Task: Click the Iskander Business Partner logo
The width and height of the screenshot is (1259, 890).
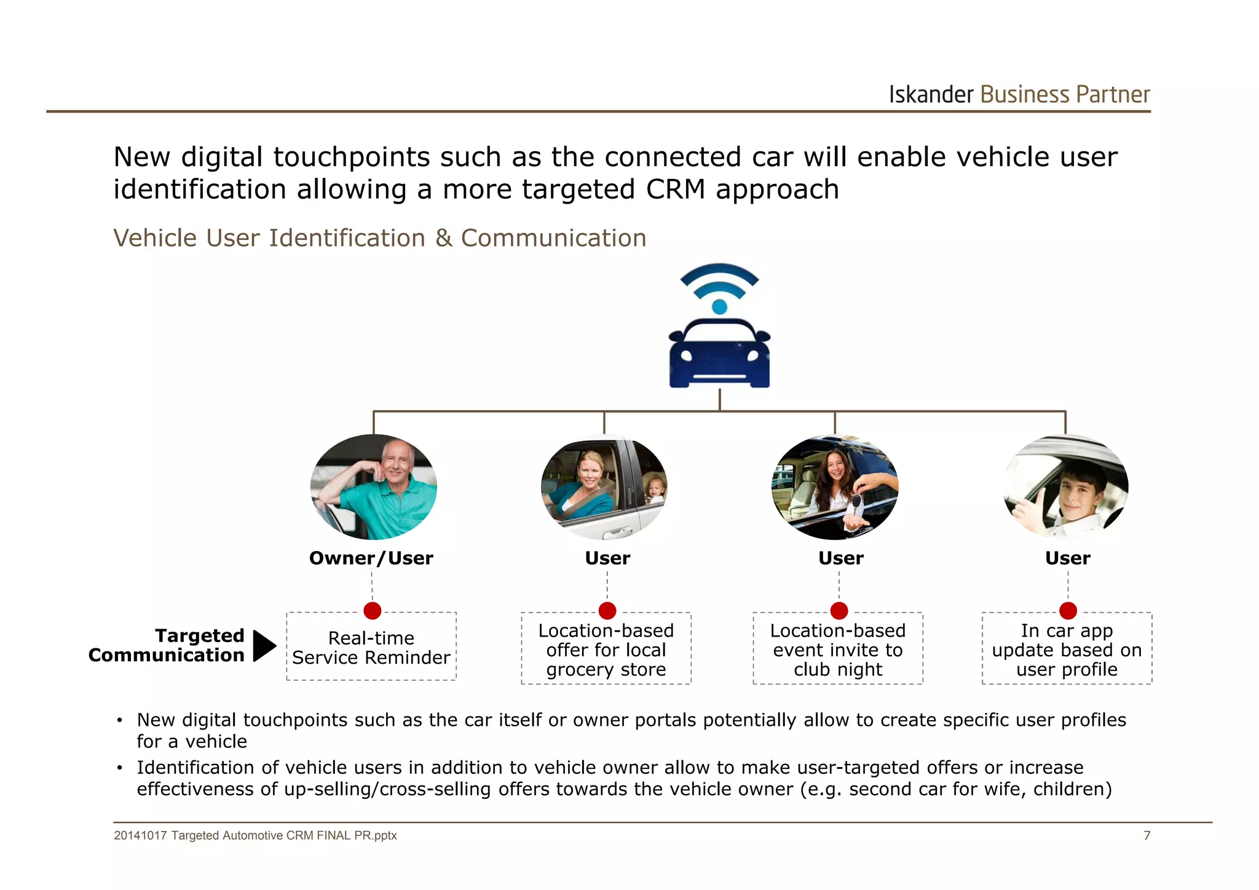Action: [1019, 95]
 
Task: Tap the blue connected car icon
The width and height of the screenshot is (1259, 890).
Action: [719, 354]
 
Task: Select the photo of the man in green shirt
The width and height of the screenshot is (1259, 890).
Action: [374, 487]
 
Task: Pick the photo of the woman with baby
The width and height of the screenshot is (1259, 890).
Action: [604, 487]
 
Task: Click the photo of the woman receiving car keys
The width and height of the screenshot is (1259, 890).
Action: [835, 487]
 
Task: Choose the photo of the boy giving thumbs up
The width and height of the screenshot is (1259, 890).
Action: [1066, 487]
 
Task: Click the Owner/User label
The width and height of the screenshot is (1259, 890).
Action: [371, 558]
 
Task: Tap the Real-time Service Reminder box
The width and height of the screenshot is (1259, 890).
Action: [371, 648]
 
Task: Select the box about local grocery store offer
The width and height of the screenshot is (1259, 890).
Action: [606, 650]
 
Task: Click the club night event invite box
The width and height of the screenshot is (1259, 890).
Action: [838, 650]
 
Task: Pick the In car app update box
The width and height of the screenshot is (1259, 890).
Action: [1067, 650]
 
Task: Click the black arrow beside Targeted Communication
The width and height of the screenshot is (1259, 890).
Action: [264, 646]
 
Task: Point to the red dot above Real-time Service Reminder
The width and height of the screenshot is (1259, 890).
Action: [373, 611]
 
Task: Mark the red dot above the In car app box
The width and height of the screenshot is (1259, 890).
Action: [1068, 611]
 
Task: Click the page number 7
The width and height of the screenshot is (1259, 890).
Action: [1147, 835]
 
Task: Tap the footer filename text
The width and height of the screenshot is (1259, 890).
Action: [255, 835]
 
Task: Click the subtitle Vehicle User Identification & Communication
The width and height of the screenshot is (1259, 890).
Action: [380, 238]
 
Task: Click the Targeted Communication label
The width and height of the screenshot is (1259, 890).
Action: [167, 645]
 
